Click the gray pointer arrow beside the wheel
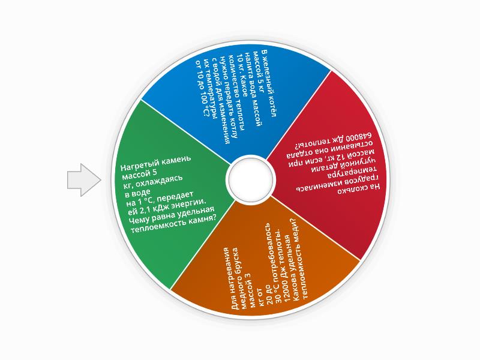point(83,180)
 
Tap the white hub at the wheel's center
point(251,179)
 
